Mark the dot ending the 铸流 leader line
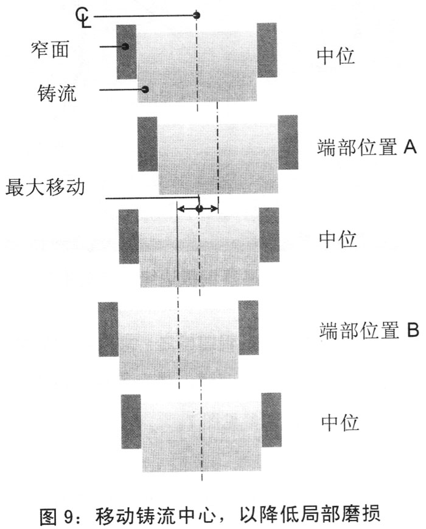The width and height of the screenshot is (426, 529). click(145, 90)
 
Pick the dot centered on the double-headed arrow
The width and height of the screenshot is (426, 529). click(199, 209)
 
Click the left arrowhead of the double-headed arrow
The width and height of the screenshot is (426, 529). click(179, 209)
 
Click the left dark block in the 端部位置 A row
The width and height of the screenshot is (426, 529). click(148, 143)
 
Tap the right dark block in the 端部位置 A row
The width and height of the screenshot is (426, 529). click(288, 142)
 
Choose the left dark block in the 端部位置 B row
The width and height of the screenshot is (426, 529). click(108, 329)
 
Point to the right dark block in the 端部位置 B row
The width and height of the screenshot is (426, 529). click(248, 328)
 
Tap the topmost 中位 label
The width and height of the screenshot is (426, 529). click(336, 56)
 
